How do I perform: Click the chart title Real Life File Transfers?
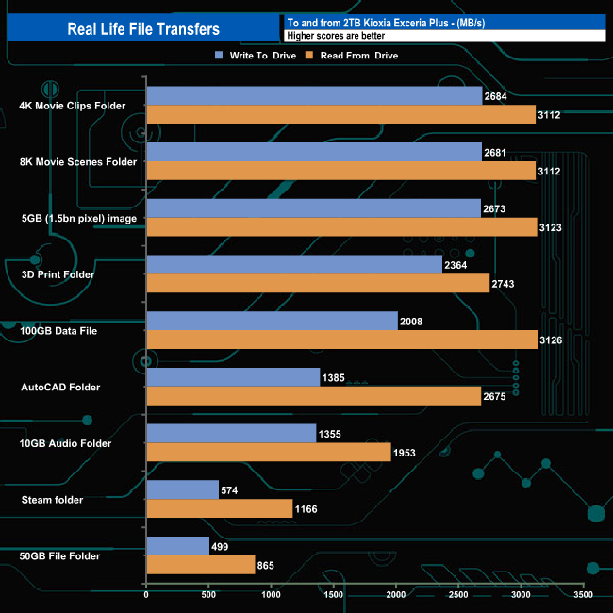pyautogui.click(x=143, y=29)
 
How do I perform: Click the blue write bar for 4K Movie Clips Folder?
pyautogui.click(x=314, y=96)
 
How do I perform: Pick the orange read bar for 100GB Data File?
pyautogui.click(x=341, y=340)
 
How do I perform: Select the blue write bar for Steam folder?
pyautogui.click(x=182, y=489)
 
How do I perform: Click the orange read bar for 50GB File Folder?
pyautogui.click(x=200, y=565)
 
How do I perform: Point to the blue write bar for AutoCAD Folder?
pyautogui.click(x=233, y=377)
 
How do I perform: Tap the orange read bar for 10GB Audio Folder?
pyautogui.click(x=268, y=453)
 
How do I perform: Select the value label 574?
pyautogui.click(x=232, y=490)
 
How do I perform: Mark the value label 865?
pyautogui.click(x=269, y=566)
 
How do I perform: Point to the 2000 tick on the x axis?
pyautogui.click(x=396, y=596)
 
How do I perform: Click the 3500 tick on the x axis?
pyautogui.click(x=583, y=596)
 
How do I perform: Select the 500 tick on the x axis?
pyautogui.click(x=208, y=596)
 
